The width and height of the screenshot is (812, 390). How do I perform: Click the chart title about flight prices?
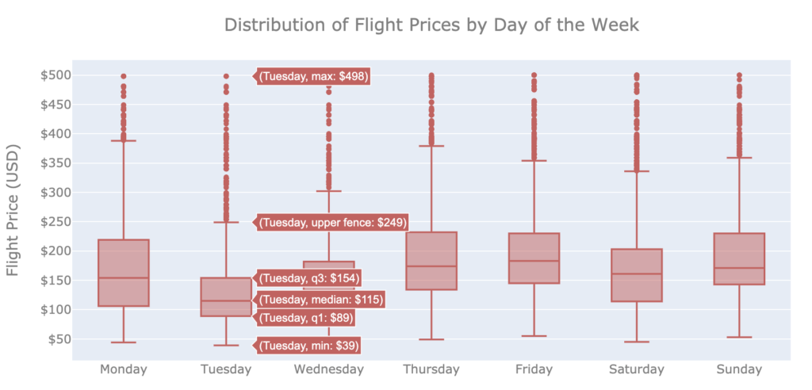click(x=431, y=25)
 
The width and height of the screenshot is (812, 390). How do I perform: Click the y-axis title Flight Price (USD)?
click(x=13, y=210)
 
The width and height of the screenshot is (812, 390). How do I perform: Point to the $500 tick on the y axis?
click(x=56, y=75)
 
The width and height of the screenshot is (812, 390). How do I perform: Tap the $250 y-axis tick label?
click(x=56, y=222)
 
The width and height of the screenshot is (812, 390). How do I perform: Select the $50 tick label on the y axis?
click(x=58, y=339)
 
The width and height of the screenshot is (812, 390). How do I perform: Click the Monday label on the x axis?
click(x=124, y=369)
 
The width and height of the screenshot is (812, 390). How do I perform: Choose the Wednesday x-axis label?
click(x=328, y=369)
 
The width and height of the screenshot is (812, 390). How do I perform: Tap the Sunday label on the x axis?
click(x=739, y=369)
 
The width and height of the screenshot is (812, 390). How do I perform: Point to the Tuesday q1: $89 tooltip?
click(x=306, y=318)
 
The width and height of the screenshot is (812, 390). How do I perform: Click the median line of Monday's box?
click(x=124, y=278)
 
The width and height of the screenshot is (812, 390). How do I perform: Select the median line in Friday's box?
click(x=534, y=261)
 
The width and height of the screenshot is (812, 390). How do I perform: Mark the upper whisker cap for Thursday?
click(x=431, y=146)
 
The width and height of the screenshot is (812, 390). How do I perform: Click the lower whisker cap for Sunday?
click(x=739, y=337)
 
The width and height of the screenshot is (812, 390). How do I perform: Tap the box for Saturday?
click(x=637, y=275)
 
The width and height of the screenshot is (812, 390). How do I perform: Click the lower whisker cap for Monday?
click(x=124, y=342)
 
